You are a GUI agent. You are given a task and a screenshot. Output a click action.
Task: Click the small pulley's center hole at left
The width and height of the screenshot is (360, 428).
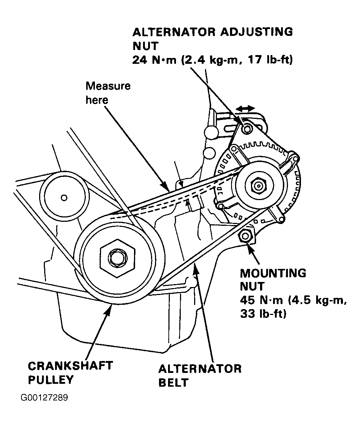click(64, 198)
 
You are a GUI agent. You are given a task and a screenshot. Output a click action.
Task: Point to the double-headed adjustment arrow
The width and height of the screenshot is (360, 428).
click(245, 108)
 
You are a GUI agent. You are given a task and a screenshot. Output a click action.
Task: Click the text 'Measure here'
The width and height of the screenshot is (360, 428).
click(108, 93)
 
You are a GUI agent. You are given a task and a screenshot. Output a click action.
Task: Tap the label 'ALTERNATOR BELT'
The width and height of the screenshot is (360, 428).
click(200, 375)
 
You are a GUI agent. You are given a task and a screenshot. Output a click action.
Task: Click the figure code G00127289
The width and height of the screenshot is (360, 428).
click(44, 398)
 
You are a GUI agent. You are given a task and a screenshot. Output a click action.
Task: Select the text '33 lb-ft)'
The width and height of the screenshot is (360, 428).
click(263, 314)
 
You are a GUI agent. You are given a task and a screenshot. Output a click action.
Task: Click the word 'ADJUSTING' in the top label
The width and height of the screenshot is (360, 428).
click(257, 32)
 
